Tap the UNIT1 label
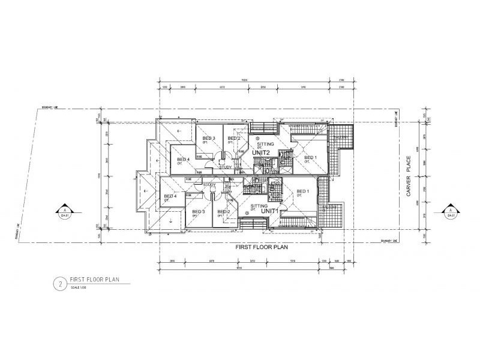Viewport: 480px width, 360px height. tap(271, 211)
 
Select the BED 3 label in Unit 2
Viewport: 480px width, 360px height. tap(208, 139)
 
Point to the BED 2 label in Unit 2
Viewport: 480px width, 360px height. tap(234, 139)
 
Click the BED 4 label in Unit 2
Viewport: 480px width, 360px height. tap(183, 159)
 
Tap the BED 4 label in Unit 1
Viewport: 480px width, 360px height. tap(170, 196)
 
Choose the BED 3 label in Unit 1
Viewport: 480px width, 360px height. tap(198, 212)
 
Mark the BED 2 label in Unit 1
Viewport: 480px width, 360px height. tap(224, 212)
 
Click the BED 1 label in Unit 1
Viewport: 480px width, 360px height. tap(303, 191)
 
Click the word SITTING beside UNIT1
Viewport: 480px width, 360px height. tap(259, 205)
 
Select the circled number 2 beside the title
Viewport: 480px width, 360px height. tap(59, 283)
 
